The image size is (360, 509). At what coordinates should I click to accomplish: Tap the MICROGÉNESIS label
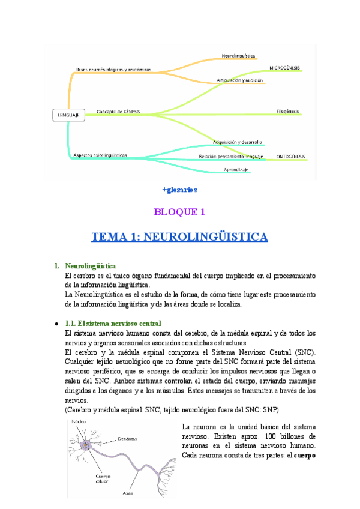point(285,68)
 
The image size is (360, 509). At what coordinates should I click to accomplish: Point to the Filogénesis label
point(288,111)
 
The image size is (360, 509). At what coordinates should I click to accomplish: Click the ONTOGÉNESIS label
point(290,157)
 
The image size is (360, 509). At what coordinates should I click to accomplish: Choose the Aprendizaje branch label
point(236,170)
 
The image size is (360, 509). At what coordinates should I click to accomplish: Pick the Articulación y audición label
point(240,80)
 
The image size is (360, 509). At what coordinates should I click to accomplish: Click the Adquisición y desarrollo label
point(237,142)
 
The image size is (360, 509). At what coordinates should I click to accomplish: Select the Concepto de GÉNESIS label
point(118,111)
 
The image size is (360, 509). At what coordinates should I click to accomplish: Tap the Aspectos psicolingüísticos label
point(100,155)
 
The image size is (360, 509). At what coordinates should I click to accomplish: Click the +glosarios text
point(179,190)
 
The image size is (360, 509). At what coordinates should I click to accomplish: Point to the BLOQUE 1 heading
point(179,211)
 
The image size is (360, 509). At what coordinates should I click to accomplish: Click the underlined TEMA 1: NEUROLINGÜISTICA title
point(179,237)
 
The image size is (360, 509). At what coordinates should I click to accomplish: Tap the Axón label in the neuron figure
point(127,493)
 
